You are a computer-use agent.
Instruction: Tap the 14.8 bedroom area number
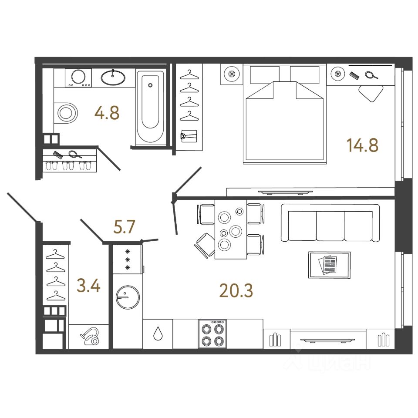362,145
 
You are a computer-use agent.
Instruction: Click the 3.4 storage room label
88,287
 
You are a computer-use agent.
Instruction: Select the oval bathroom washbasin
113,78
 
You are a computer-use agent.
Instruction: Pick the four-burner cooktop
212,334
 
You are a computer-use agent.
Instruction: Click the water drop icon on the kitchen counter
158,334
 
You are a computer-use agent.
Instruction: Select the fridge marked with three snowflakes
128,259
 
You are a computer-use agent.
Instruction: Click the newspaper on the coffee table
329,264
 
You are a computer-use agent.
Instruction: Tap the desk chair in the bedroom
371,93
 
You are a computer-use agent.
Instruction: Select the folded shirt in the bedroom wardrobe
189,136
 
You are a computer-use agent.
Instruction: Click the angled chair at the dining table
204,244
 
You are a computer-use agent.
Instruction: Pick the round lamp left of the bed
231,74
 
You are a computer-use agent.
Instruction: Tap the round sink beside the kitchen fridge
127,297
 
